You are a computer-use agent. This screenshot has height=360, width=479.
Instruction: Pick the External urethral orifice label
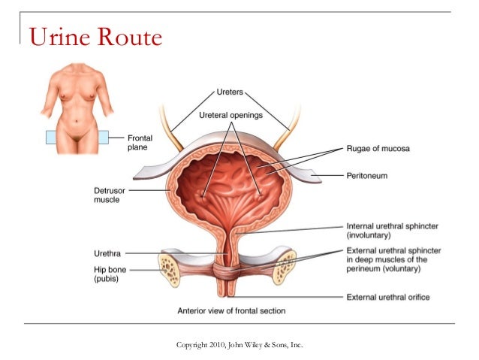[x=387, y=297]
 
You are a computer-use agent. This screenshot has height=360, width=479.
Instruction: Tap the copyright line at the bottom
[x=239, y=344]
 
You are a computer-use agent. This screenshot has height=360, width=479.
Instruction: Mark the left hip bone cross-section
[x=171, y=265]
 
